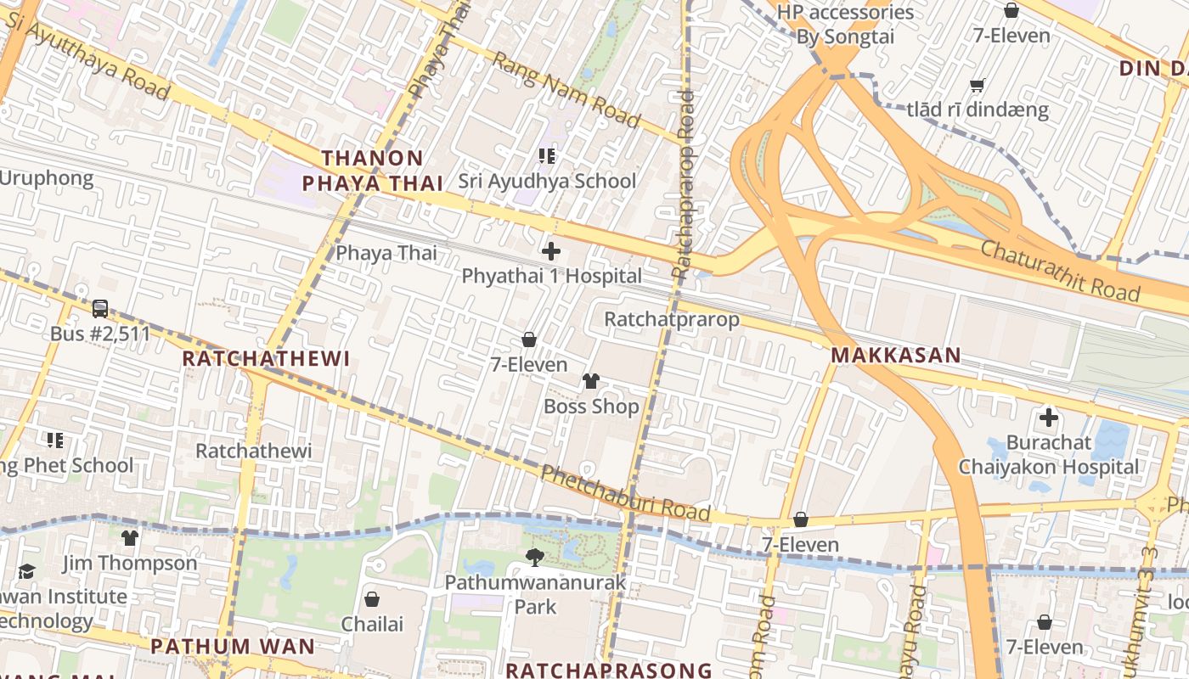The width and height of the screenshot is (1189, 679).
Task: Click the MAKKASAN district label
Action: point(895,356)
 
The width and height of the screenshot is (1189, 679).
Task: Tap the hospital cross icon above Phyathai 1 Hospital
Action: point(551,251)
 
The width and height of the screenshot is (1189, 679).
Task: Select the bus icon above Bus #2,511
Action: point(99,309)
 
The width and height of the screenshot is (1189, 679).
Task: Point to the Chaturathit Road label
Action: point(1060,270)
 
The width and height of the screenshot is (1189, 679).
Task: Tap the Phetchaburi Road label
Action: point(625,493)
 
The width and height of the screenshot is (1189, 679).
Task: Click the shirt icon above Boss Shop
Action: point(591,381)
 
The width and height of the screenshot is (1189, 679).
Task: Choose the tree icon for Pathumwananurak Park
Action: point(535,558)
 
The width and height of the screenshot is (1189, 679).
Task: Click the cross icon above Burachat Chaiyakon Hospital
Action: point(1049,418)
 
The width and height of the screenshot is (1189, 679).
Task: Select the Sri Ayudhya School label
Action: point(547,181)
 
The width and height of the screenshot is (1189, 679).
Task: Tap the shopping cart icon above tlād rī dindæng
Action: point(978,85)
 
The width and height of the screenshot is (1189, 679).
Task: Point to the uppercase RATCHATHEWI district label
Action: point(266,358)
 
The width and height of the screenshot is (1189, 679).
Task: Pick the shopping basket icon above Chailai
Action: point(372,599)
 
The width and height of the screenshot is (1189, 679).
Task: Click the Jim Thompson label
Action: point(130,563)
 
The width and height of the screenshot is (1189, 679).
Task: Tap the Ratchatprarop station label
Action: point(671,320)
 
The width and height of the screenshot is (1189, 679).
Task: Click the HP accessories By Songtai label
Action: point(845,25)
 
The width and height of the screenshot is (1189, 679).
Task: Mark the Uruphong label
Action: point(46,178)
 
